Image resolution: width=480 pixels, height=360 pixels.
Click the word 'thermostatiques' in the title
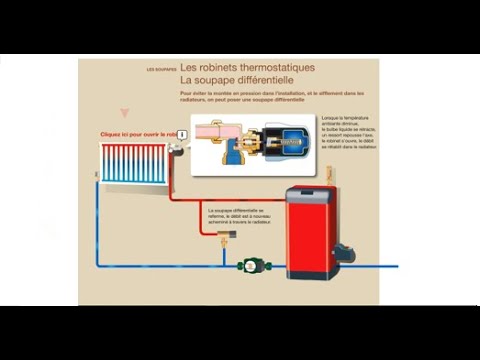point(270,66)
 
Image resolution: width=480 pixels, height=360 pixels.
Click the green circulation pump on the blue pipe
point(250,266)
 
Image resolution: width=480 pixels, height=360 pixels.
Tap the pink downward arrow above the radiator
point(124,114)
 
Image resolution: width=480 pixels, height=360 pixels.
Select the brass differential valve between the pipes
point(225,236)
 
